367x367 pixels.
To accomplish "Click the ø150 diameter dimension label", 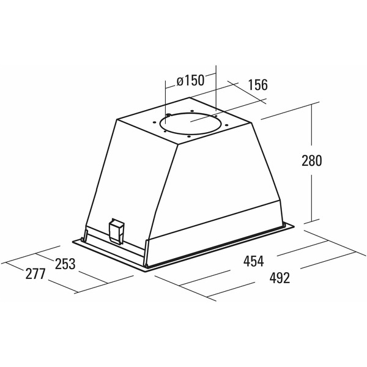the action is tap(190, 81).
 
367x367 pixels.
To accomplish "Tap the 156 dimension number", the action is tap(258, 85).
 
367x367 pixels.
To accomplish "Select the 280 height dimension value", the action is tap(311, 160).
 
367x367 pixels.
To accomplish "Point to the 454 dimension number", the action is tap(253, 261).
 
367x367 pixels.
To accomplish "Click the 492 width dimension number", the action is tap(280, 278).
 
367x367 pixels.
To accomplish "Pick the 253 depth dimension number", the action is tap(65, 264).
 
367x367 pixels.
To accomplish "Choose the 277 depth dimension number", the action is tap(35, 274).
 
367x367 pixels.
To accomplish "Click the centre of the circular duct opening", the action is tap(190, 124).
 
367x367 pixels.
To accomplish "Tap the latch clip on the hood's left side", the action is tap(117, 231).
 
